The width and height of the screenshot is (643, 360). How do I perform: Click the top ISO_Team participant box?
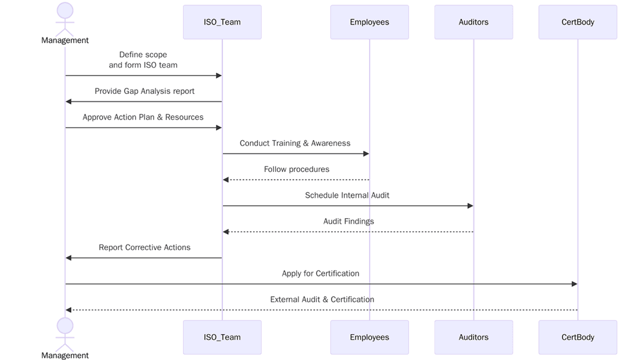click(x=222, y=22)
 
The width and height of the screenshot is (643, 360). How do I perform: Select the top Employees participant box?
click(x=369, y=22)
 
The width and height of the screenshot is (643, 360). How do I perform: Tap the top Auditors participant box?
click(x=473, y=22)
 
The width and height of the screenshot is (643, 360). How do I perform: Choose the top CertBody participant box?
click(x=577, y=22)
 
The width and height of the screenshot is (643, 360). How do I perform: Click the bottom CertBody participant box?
click(x=577, y=337)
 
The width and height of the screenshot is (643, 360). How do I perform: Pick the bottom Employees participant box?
click(x=369, y=337)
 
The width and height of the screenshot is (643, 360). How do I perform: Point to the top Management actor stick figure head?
click(x=65, y=10)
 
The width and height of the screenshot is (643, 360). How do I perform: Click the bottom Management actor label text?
click(x=65, y=355)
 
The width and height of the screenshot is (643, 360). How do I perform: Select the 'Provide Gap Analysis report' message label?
click(x=144, y=91)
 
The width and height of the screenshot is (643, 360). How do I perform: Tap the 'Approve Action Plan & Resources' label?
click(x=143, y=117)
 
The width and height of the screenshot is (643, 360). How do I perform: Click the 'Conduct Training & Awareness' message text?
click(x=295, y=143)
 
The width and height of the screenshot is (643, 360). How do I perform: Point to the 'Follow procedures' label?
click(x=297, y=169)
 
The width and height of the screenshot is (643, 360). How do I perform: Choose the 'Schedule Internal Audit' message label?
click(x=347, y=195)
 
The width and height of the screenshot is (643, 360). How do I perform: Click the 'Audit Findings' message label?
click(x=348, y=221)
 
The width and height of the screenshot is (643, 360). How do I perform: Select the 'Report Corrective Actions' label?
click(x=144, y=247)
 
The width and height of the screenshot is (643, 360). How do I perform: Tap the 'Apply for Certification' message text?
click(x=321, y=273)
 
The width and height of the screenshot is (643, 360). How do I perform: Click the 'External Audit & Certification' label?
click(x=322, y=299)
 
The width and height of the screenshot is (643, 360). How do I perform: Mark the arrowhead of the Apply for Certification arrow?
click(x=574, y=284)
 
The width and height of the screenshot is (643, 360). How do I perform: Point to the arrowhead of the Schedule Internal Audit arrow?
click(x=470, y=206)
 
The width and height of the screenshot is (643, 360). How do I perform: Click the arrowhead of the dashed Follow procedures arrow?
click(x=226, y=180)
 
